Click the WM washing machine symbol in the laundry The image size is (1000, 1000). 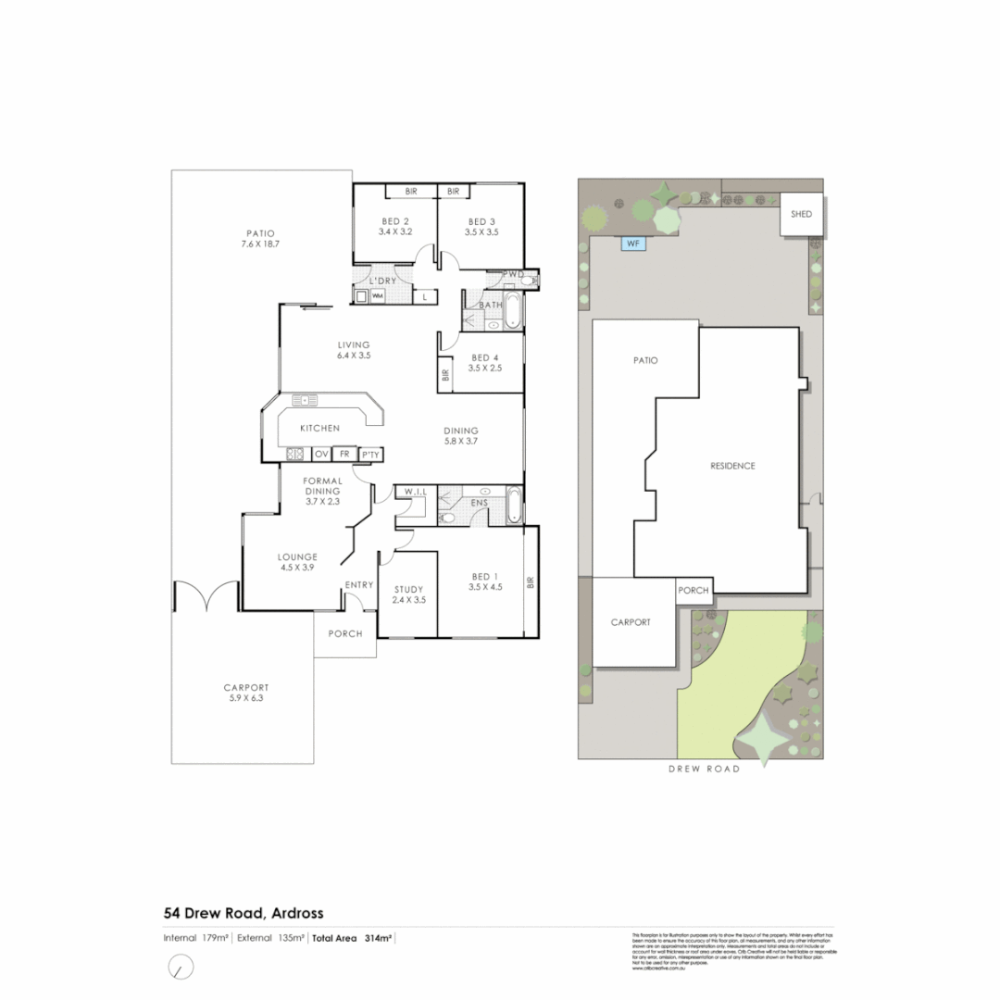(x=377, y=296)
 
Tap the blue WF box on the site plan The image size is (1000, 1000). (x=633, y=244)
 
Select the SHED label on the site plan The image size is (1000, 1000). (x=801, y=214)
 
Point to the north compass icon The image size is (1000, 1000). (x=181, y=968)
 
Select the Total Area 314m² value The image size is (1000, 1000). (x=352, y=938)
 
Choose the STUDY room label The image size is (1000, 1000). (x=408, y=589)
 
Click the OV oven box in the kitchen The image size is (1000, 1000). (x=322, y=454)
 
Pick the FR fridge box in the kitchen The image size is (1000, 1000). (x=345, y=454)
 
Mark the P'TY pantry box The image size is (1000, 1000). (x=370, y=454)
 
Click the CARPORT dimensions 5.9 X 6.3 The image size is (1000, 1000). (x=245, y=699)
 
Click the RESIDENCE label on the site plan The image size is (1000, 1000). (x=732, y=466)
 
